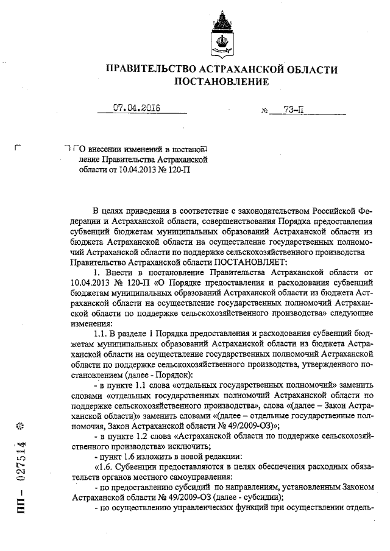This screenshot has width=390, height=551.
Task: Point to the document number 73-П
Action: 293,110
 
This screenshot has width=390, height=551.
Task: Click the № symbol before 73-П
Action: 265,111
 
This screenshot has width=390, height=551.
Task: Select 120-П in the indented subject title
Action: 176,169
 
